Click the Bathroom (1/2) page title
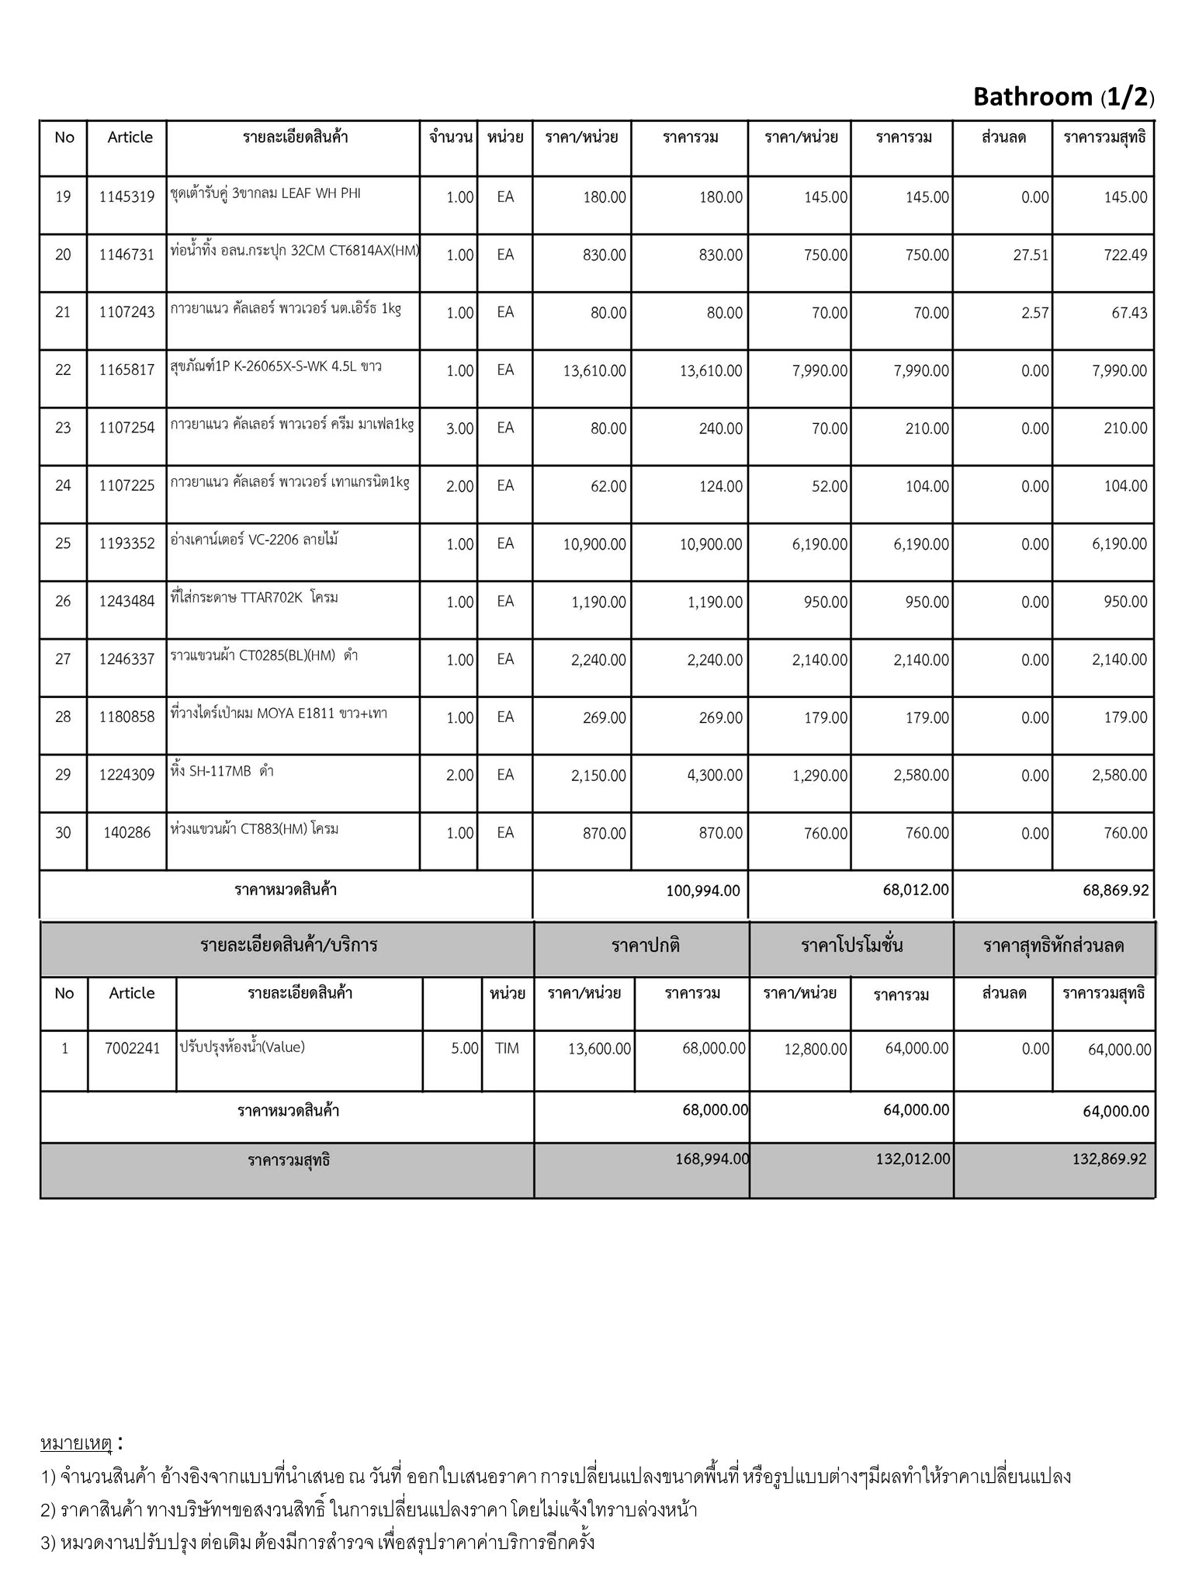(x=1063, y=97)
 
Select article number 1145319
(x=126, y=197)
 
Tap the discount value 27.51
(x=1031, y=255)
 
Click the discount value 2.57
(x=1035, y=313)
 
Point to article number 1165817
(x=126, y=370)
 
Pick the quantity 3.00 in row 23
(x=459, y=429)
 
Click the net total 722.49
(x=1125, y=255)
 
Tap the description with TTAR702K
(x=254, y=598)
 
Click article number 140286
(x=126, y=833)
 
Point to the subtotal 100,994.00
(x=702, y=890)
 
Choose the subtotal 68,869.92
(x=1115, y=890)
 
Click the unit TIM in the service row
(x=507, y=1049)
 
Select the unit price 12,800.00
(x=815, y=1050)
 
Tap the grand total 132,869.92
(x=1109, y=1159)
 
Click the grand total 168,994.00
(x=712, y=1159)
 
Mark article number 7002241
(x=132, y=1049)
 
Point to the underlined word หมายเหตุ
(x=76, y=1443)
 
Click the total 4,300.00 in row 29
(x=714, y=776)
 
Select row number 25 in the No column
(x=63, y=543)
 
